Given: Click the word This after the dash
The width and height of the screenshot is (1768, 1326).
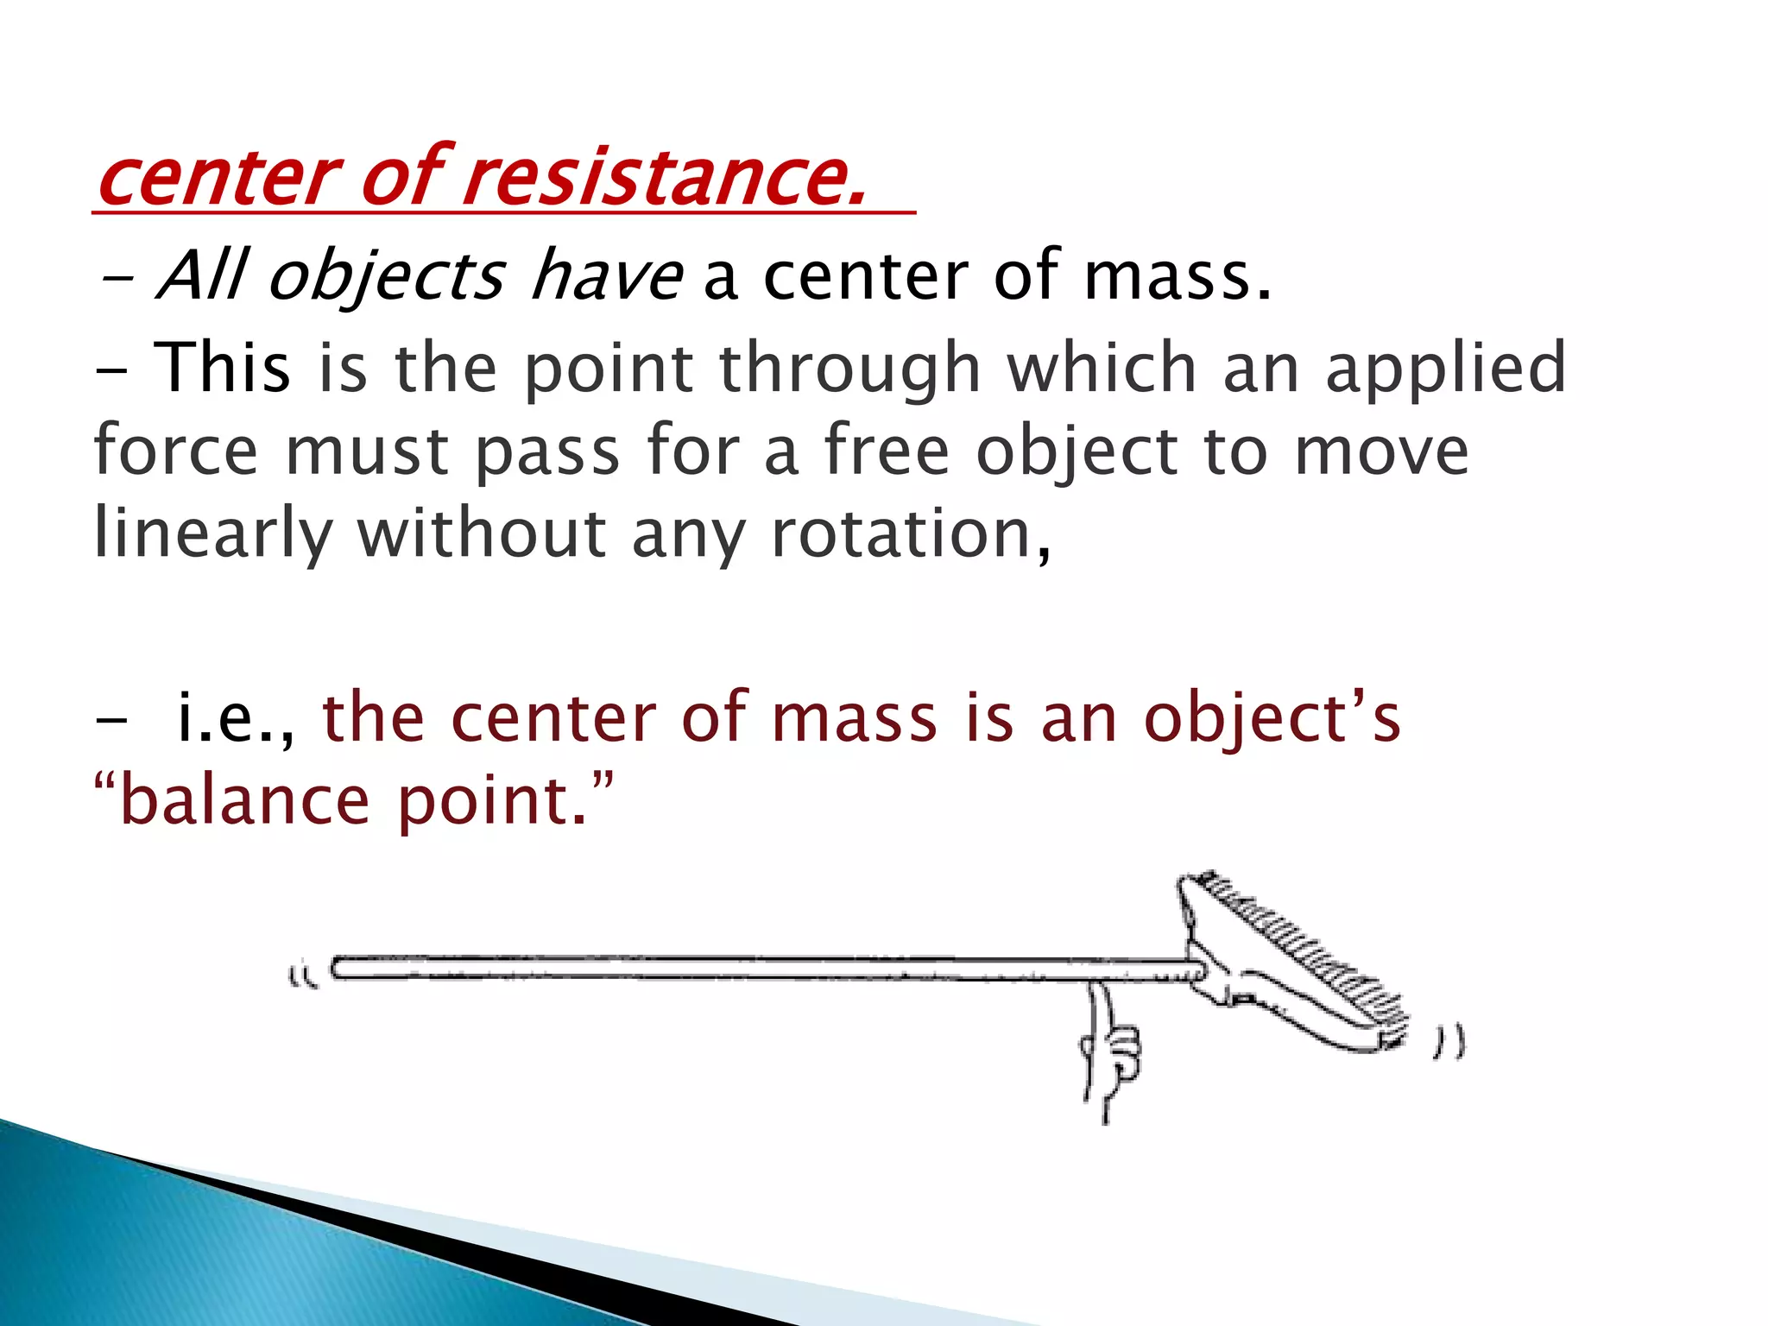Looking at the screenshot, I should (x=222, y=368).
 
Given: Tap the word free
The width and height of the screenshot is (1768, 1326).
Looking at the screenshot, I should (x=886, y=451).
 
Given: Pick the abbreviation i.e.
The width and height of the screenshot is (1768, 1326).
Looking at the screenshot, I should (x=233, y=718).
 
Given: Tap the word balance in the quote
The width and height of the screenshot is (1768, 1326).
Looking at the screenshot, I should (x=244, y=801).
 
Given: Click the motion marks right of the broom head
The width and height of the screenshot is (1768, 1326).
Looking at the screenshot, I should (x=1449, y=1042).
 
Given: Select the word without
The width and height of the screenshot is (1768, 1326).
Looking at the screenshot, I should (x=482, y=534).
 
